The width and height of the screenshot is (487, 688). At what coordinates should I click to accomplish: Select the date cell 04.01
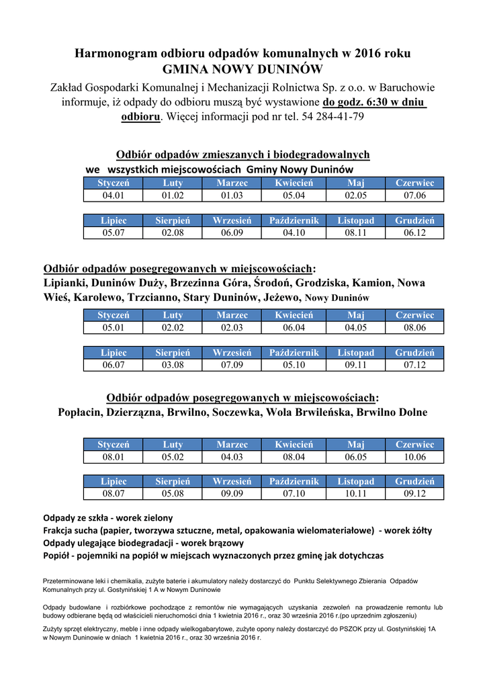click(x=113, y=196)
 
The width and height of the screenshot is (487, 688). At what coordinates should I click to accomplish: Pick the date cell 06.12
click(x=414, y=233)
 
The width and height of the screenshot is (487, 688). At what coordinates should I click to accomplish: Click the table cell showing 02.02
click(x=173, y=328)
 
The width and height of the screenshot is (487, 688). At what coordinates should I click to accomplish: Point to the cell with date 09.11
click(x=356, y=365)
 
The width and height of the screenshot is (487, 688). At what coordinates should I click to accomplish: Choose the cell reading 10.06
click(x=414, y=457)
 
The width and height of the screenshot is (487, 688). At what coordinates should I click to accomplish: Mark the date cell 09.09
click(x=232, y=494)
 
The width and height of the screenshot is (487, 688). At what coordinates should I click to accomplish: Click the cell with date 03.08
click(x=173, y=365)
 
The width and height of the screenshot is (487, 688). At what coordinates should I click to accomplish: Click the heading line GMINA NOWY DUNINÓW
click(x=242, y=70)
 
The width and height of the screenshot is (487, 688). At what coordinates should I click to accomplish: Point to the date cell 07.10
click(x=294, y=494)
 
